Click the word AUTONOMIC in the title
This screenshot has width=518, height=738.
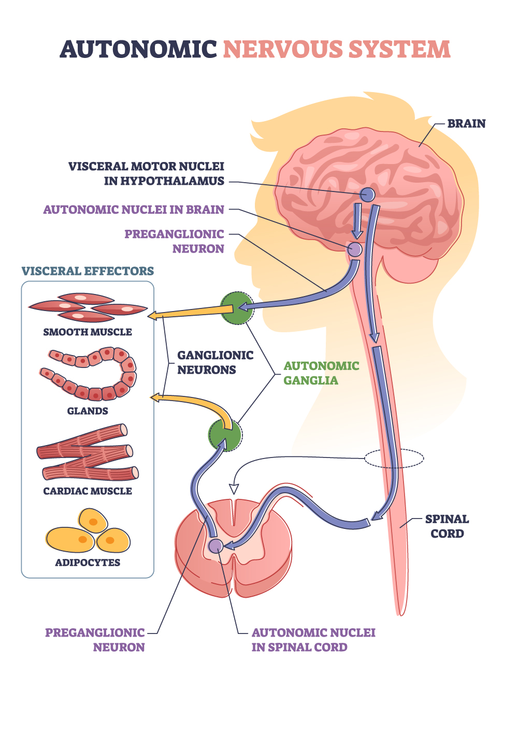click(138, 50)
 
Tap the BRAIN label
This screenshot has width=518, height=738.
click(466, 124)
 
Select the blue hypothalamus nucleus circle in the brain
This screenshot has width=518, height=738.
click(367, 195)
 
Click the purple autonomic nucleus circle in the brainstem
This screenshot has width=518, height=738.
click(355, 249)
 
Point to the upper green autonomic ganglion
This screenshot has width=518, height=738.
click(236, 308)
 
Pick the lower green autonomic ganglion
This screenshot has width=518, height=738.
click(225, 435)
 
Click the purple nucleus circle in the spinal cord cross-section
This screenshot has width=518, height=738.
click(215, 545)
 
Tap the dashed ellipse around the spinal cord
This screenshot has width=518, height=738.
click(394, 458)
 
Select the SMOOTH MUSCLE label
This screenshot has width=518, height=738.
click(88, 332)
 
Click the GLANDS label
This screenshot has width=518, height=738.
click(88, 411)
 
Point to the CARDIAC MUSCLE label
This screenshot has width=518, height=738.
click(88, 491)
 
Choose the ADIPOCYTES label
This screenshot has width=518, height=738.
click(88, 563)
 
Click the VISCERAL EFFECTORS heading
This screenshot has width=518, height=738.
click(88, 271)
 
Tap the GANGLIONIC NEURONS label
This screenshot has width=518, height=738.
click(215, 362)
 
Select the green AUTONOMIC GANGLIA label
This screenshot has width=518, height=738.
click(321, 373)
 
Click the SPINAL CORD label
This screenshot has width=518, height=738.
click(447, 526)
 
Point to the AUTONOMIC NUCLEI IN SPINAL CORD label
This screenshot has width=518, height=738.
click(313, 640)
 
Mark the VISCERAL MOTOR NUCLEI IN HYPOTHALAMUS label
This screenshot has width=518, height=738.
click(147, 173)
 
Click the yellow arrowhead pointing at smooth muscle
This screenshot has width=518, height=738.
click(153, 315)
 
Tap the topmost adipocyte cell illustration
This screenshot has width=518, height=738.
click(93, 521)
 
